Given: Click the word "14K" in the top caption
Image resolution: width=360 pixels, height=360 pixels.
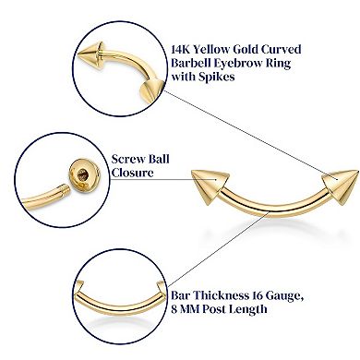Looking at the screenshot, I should [182, 48].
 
